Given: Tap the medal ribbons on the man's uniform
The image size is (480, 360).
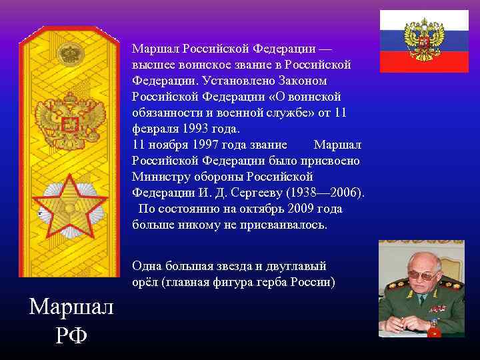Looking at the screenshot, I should pyautogui.click(x=437, y=309).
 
